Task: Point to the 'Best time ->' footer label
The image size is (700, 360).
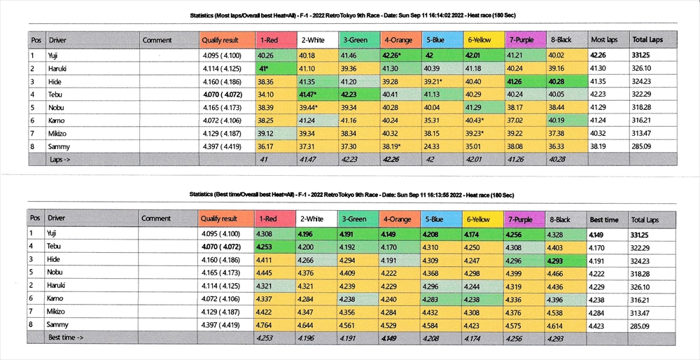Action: pyautogui.click(x=67, y=338)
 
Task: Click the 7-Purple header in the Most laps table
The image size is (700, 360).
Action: pyautogui.click(x=523, y=40)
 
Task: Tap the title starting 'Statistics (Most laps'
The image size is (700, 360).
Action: pyautogui.click(x=349, y=15)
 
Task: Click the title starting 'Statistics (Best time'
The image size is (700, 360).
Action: pyautogui.click(x=349, y=193)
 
